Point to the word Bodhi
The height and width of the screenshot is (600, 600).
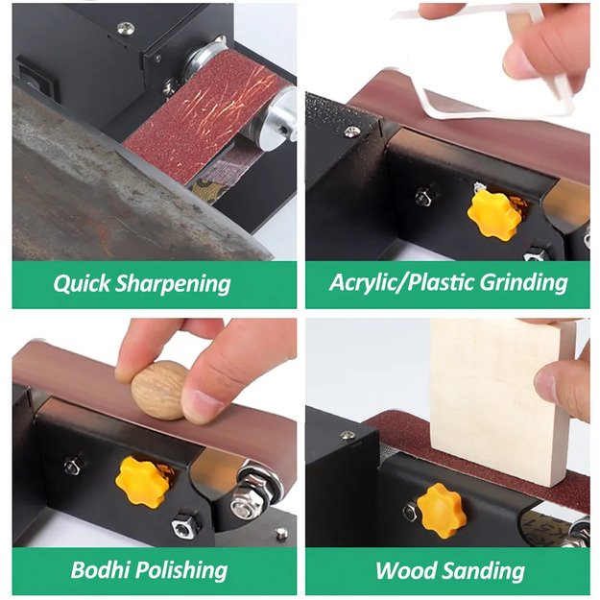(101, 569)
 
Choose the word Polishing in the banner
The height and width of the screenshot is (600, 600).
(190, 569)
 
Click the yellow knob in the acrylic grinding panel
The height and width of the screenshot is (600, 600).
(494, 212)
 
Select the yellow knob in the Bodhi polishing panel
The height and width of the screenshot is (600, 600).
(142, 481)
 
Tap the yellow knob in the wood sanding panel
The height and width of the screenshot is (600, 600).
(441, 509)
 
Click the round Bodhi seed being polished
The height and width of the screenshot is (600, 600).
(158, 390)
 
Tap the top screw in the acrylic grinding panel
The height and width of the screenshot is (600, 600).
(352, 132)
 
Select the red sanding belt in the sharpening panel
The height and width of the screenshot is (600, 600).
(206, 120)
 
